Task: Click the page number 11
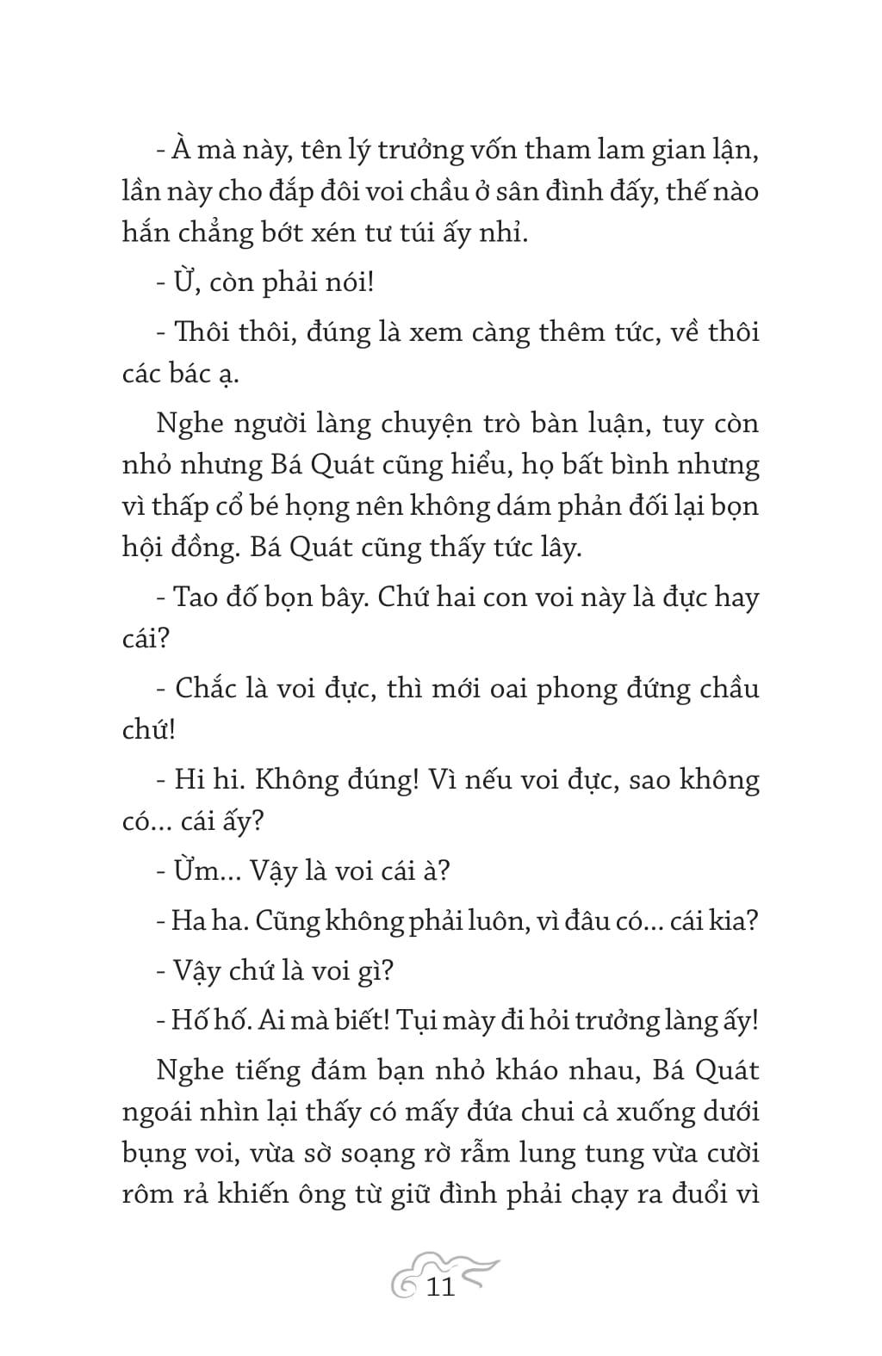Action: [x=440, y=1287]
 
